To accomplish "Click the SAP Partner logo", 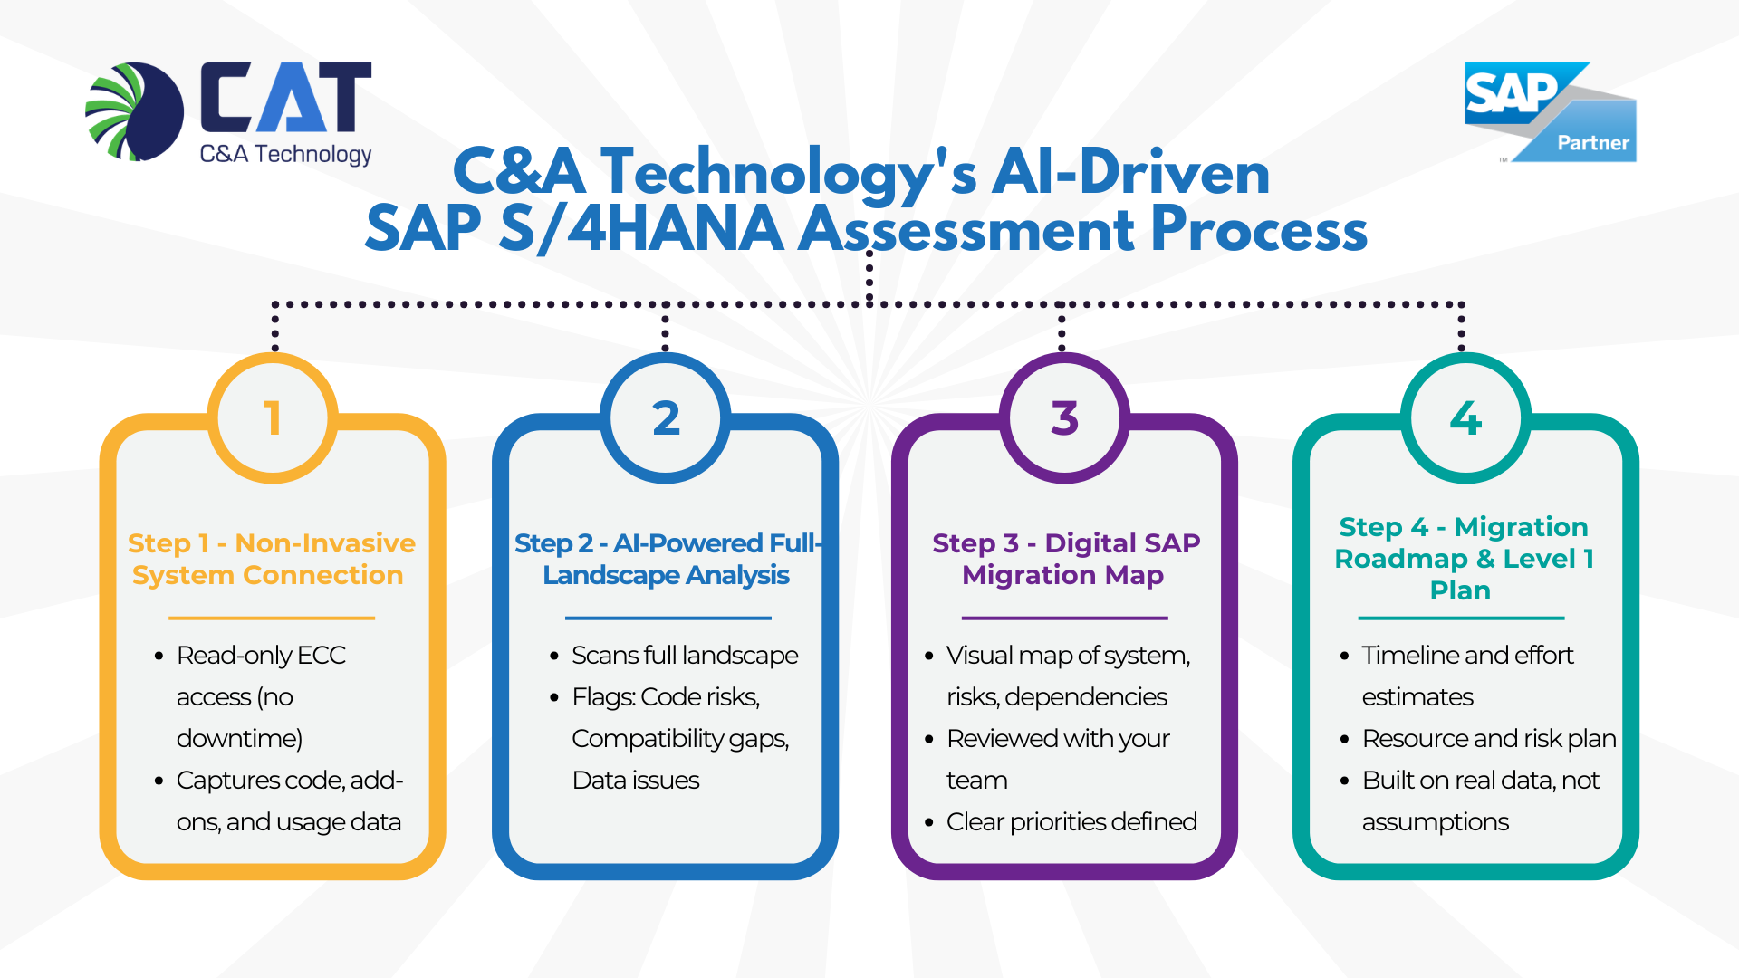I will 1549,111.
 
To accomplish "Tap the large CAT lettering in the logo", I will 285,97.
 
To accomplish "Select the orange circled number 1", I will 273,417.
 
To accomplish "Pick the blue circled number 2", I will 666,417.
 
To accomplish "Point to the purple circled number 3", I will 1064,417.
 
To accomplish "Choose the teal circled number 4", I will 1465,417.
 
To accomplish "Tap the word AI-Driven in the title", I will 1130,171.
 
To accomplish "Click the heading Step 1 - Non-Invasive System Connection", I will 271,559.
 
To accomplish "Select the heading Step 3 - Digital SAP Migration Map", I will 1065,559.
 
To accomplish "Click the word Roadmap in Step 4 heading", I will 1400,559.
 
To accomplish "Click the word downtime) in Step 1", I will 239,738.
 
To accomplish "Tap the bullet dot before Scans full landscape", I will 554,656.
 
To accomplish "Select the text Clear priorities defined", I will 1071,821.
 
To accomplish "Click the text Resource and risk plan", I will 1488,738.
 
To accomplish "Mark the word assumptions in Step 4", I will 1435,821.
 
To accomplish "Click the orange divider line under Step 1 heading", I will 271,618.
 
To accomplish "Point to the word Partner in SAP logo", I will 1592,142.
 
